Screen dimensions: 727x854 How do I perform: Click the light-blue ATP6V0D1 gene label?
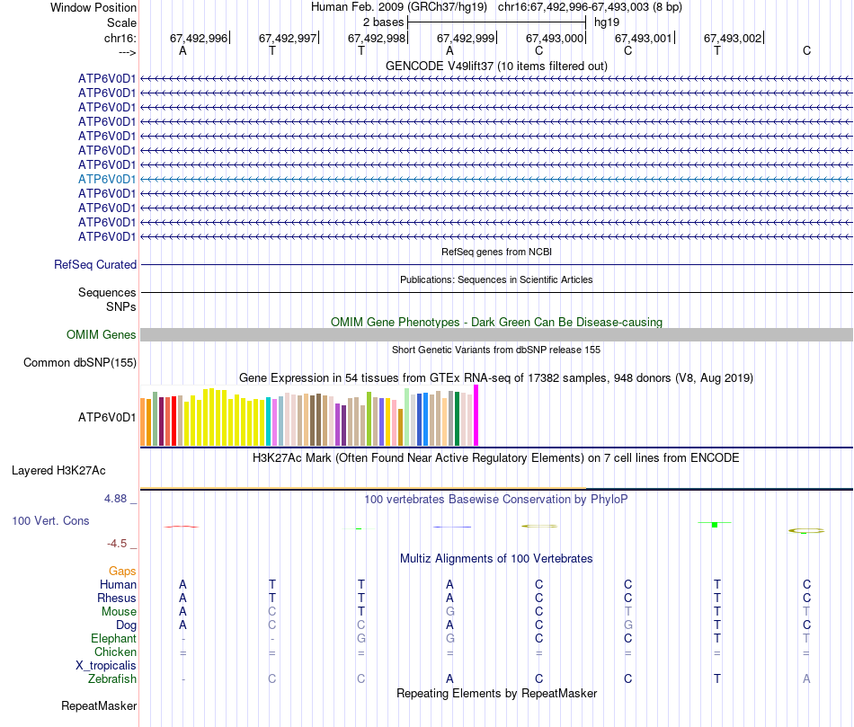[x=107, y=179]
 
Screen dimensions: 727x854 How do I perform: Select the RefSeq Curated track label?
[x=95, y=265]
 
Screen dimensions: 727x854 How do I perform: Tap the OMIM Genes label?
[x=102, y=335]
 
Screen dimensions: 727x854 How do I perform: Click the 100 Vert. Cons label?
[x=50, y=521]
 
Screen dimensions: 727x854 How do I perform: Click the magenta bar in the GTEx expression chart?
[x=476, y=415]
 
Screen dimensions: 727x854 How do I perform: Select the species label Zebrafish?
[x=111, y=679]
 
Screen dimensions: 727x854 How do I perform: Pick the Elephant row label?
[x=113, y=639]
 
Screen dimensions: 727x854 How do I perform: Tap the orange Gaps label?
[x=122, y=572]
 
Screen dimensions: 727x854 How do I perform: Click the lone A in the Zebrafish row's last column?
[x=806, y=679]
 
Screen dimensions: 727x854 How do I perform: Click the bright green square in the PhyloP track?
[x=714, y=524]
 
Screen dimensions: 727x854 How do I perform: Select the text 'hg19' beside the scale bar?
[x=607, y=22]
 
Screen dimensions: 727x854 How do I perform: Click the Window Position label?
[x=93, y=7]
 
